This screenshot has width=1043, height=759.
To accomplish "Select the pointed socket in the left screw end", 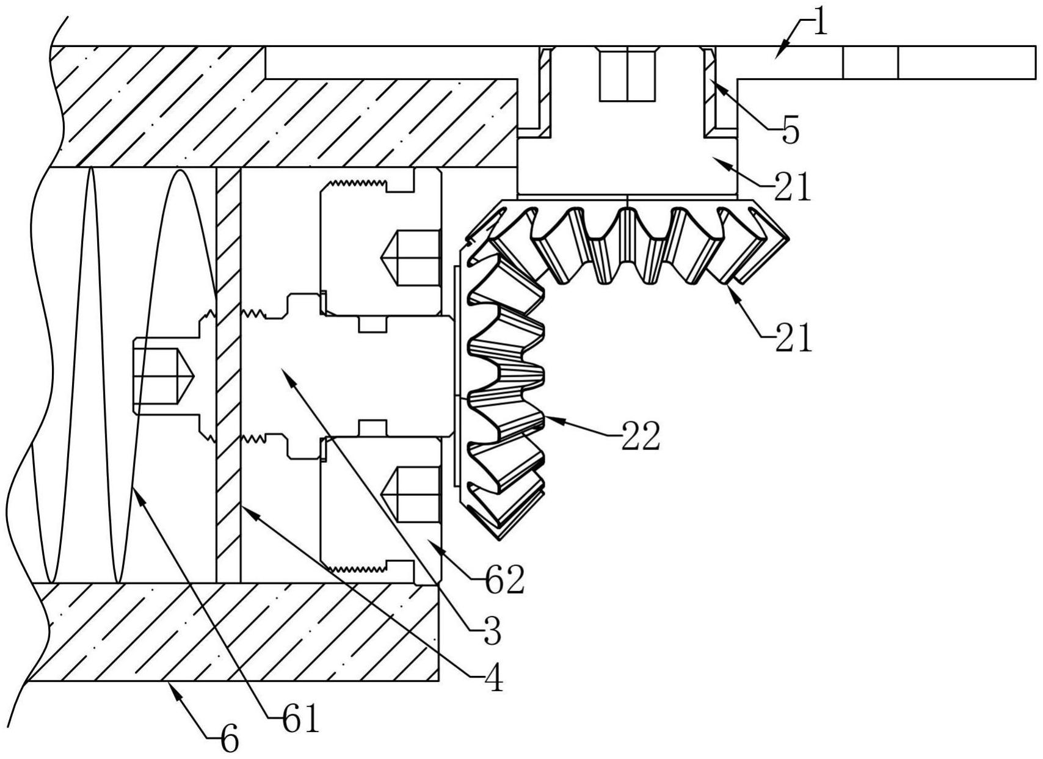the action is pos(164,376).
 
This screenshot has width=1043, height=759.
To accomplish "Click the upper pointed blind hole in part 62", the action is pos(410,258).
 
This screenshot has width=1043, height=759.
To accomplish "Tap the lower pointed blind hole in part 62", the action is pos(410,495).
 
